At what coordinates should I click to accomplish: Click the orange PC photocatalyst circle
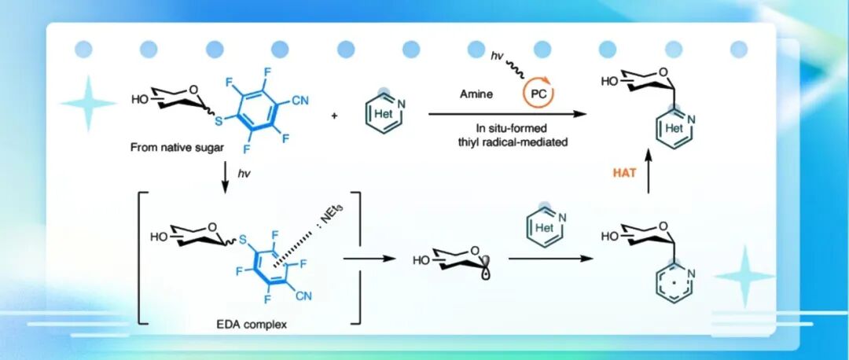coord(538,94)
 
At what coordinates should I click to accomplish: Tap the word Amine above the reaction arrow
coord(476,94)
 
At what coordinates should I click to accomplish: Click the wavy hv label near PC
coord(496,55)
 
